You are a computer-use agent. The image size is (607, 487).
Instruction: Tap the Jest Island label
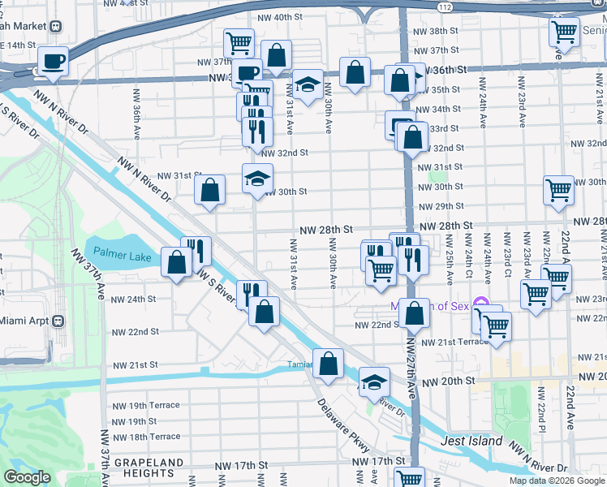(471, 442)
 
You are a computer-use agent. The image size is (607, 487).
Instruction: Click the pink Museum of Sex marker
(480, 306)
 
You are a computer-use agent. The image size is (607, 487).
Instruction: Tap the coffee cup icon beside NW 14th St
(54, 61)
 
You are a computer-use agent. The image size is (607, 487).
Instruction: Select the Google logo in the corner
(28, 477)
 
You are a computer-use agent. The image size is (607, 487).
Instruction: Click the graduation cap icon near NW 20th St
(373, 381)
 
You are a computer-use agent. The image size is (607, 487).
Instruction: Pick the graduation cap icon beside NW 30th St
(257, 179)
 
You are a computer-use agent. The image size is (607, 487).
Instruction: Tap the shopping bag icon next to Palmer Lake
(177, 262)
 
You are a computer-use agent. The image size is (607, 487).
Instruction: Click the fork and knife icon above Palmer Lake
(196, 250)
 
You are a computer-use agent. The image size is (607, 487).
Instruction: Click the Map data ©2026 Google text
(556, 481)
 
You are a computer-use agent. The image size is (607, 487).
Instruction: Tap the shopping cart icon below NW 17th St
(410, 479)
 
